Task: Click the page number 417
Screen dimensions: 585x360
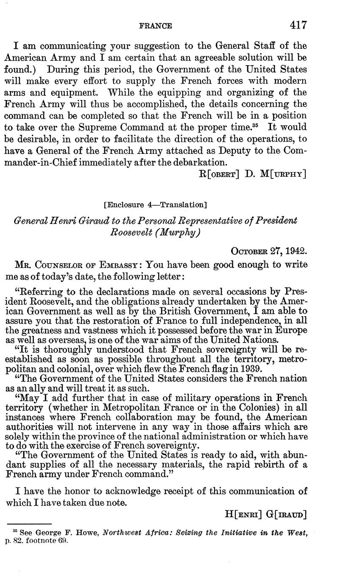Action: click(298, 25)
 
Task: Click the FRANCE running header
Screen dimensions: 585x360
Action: click(156, 26)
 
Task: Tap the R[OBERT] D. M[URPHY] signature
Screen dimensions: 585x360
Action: click(253, 173)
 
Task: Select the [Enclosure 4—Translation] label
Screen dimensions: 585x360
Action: click(155, 205)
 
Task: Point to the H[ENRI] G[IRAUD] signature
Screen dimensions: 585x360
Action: click(265, 514)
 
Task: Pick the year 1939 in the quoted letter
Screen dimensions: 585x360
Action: click(252, 368)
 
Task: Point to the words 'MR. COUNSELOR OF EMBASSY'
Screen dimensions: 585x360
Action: click(75, 265)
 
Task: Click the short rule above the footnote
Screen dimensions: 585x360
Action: click(30, 524)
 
